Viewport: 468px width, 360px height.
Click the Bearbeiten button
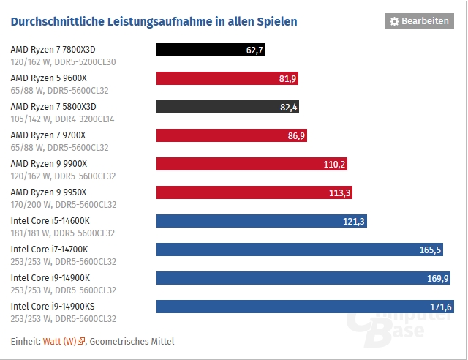click(419, 21)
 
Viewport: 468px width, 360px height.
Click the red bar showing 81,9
click(227, 79)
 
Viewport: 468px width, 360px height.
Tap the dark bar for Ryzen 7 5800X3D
click(227, 108)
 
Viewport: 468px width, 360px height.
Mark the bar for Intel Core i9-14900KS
click(306, 306)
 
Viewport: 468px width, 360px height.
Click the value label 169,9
click(437, 278)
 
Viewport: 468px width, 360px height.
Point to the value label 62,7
click(255, 50)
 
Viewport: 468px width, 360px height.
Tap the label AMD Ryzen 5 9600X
click(48, 78)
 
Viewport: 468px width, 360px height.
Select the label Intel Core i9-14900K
click(50, 277)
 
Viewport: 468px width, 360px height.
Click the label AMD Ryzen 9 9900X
click(48, 163)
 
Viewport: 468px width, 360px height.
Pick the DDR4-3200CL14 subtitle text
click(82, 119)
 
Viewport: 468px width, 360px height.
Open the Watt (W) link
click(59, 341)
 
